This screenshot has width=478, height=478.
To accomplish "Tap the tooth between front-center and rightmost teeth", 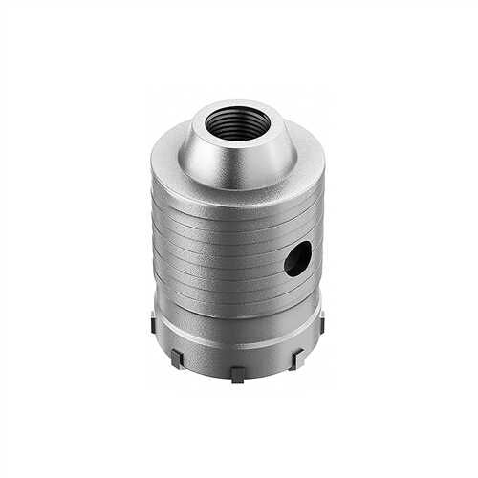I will click(297, 358).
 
